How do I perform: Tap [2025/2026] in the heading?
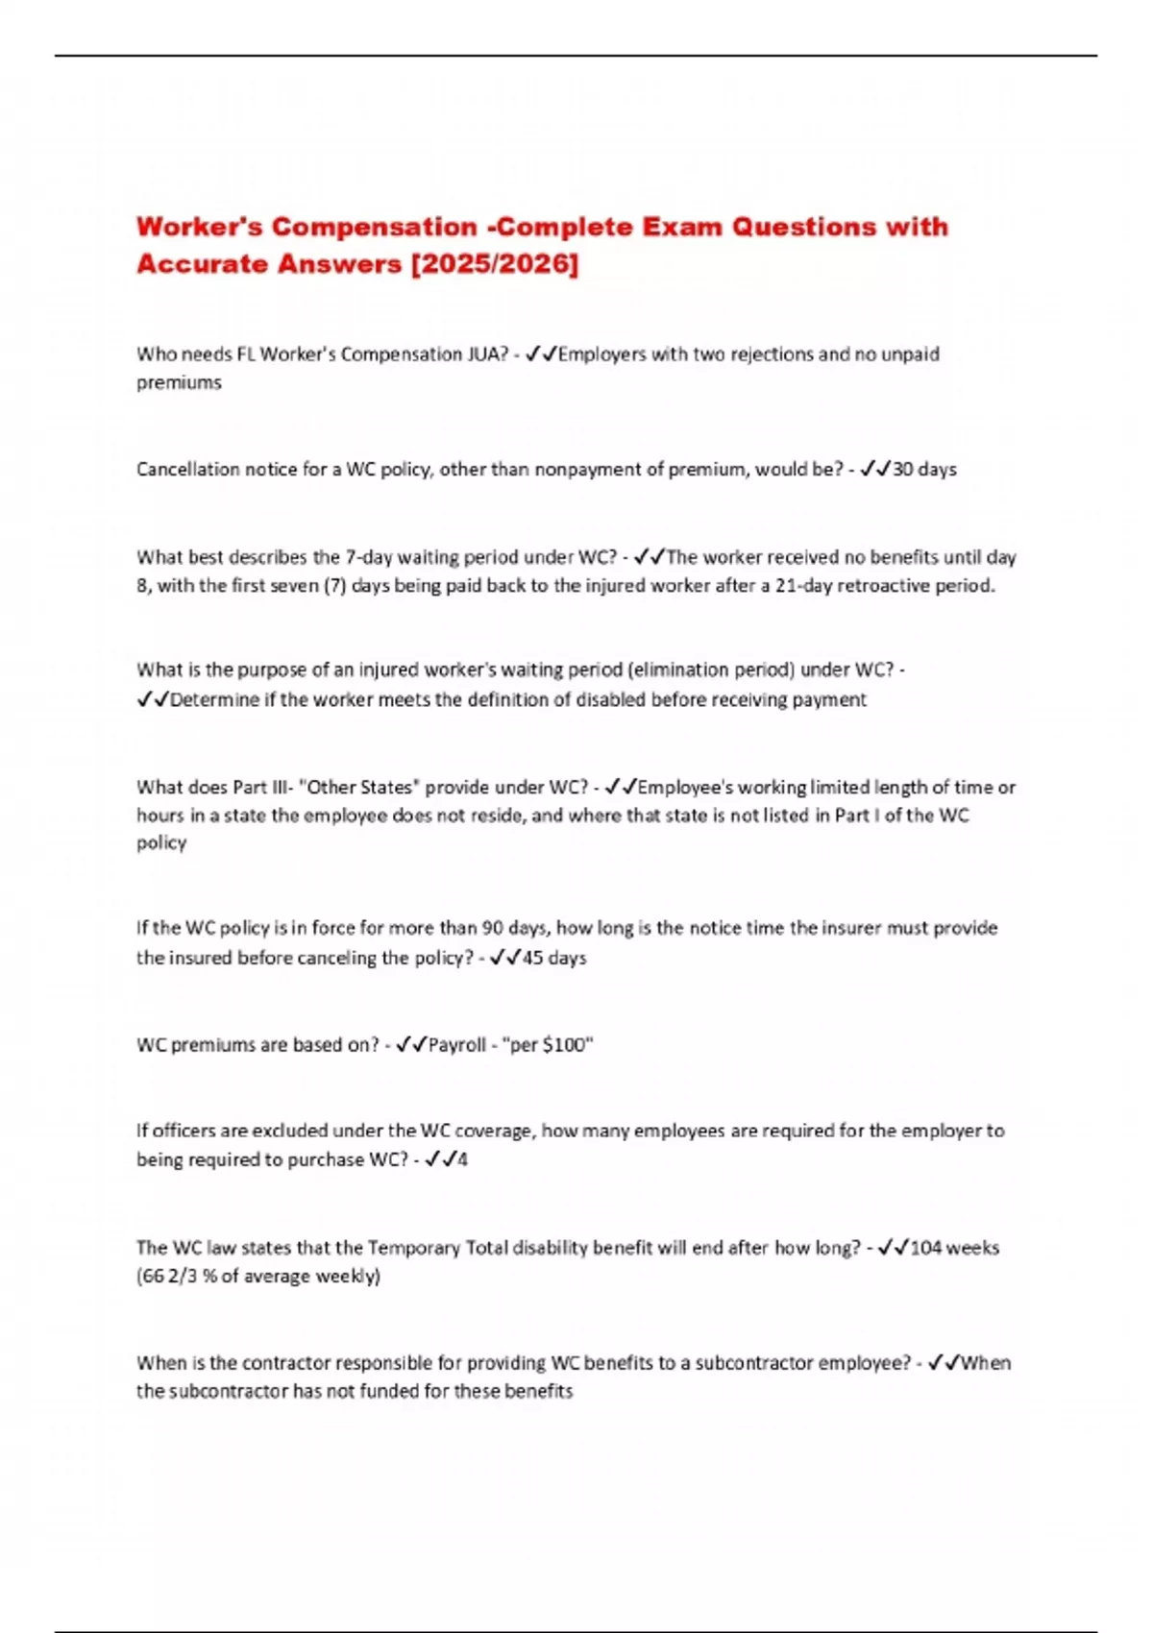[x=494, y=263]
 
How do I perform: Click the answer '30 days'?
[x=924, y=470]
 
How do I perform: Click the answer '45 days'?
[x=554, y=958]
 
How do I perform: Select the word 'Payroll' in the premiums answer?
[x=457, y=1045]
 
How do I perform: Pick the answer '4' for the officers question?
[x=462, y=1159]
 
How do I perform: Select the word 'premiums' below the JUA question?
[x=179, y=382]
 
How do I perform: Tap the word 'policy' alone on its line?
[x=161, y=842]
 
